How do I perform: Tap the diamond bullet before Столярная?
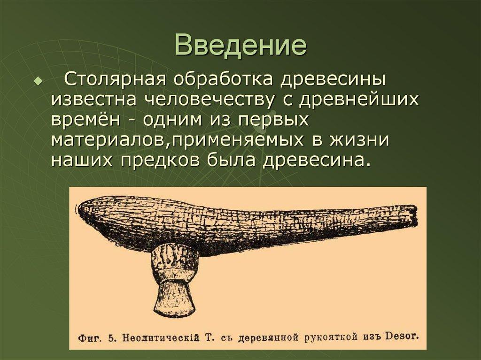[38, 81]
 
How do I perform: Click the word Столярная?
[115, 79]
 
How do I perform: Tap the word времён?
[86, 120]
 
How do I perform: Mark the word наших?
[81, 160]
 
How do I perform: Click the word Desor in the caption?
[402, 336]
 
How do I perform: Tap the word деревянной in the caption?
[263, 337]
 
